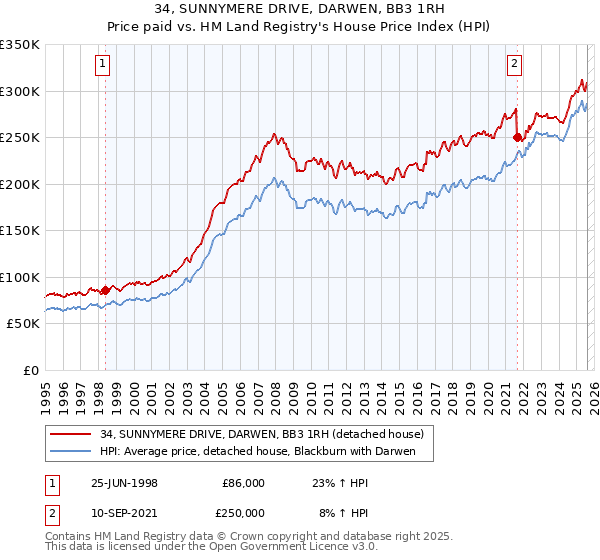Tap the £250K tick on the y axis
(x=20, y=138)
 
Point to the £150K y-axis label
(x=20, y=231)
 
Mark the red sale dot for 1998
(x=106, y=290)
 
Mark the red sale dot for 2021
(x=517, y=138)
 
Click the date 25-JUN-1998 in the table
(x=124, y=482)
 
